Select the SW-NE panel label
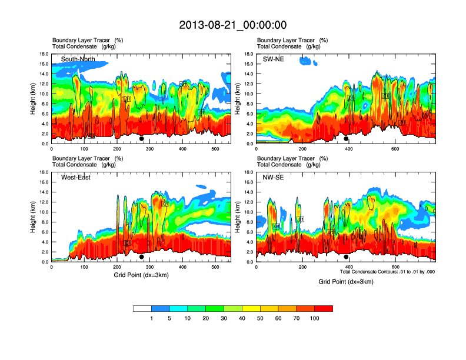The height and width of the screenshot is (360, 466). pos(273,58)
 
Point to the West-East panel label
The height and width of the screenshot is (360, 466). pos(76,177)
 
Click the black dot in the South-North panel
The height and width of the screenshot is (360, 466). pos(142,139)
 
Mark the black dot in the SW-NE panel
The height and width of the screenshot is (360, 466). pos(347,139)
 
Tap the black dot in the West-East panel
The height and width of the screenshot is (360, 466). pos(142,257)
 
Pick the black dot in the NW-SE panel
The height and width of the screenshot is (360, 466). pos(347,257)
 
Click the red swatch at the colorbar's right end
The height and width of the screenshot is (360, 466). pos(324,308)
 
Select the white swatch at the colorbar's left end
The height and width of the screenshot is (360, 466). pos(142,308)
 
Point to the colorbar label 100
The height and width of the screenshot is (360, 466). pos(315,318)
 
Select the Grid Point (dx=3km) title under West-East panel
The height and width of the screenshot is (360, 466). pos(141,275)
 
